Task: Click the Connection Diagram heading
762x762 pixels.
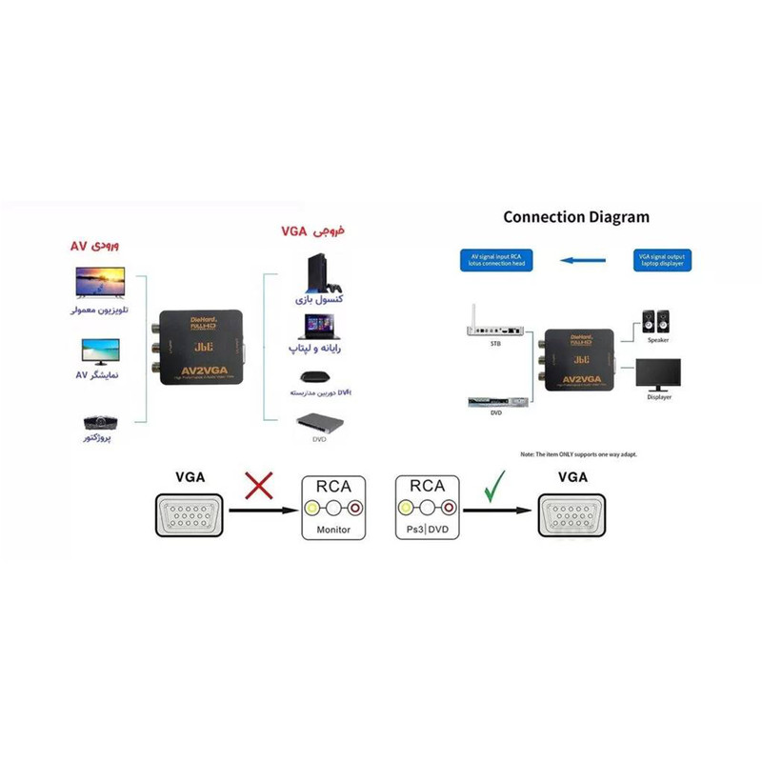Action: tap(576, 217)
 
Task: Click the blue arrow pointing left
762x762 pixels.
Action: tap(583, 258)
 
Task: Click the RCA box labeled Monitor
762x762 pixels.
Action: tap(333, 507)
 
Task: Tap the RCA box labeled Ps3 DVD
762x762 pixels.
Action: tap(426, 507)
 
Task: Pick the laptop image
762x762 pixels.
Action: tap(320, 327)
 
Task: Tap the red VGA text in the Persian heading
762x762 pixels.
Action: tap(297, 231)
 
